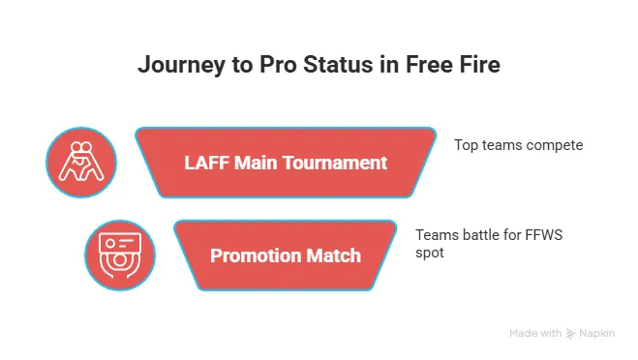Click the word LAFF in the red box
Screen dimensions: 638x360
(205, 163)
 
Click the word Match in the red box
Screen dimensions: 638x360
(334, 255)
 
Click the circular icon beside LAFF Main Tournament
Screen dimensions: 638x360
(82, 162)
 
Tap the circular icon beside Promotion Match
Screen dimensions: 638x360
(120, 255)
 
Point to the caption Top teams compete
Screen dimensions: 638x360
(518, 145)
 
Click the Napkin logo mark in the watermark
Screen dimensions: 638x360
(572, 334)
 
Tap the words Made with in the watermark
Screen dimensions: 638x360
(535, 334)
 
